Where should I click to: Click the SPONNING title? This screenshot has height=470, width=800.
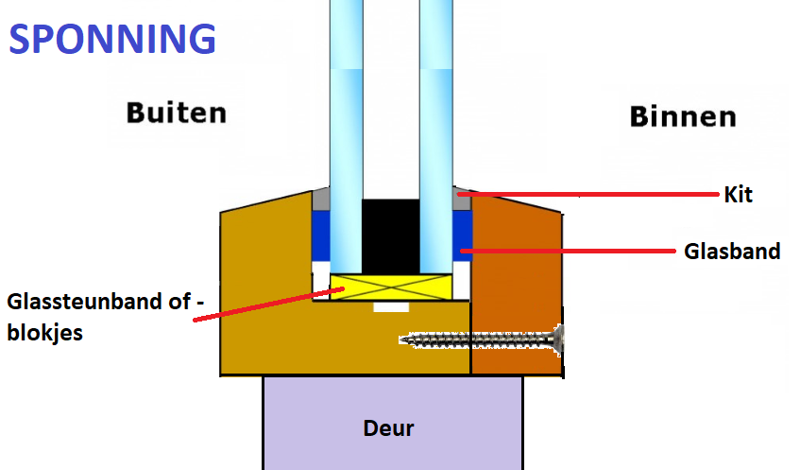[x=112, y=39]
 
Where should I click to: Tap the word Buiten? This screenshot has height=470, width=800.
[x=177, y=113]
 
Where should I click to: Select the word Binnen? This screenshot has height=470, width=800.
[x=683, y=116]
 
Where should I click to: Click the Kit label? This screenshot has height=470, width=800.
[x=740, y=195]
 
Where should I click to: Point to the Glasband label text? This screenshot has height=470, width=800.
[x=732, y=252]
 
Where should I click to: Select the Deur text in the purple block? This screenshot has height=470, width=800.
[x=389, y=427]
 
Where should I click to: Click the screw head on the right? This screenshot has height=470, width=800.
[x=558, y=338]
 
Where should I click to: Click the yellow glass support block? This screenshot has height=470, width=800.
[x=390, y=286]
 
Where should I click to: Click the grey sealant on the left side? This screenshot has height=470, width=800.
[x=321, y=199]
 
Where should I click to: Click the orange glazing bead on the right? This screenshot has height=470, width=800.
[x=515, y=284]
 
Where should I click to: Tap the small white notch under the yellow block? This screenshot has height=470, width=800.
[x=390, y=307]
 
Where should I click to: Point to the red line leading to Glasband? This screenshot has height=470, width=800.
[x=567, y=251]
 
